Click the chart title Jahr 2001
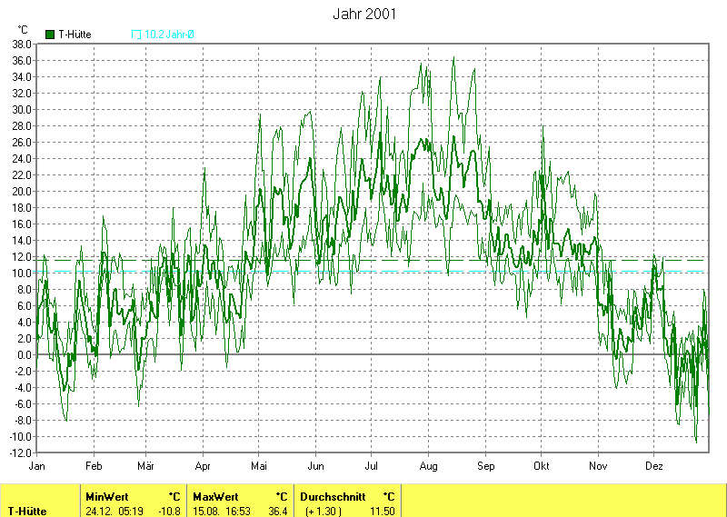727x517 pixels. point(363,15)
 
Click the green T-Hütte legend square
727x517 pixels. point(49,35)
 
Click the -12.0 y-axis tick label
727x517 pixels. point(21,452)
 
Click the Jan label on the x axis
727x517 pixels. point(37,465)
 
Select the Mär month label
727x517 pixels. point(145,465)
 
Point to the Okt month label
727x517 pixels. point(542,465)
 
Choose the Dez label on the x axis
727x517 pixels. point(654,465)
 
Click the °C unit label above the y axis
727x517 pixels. point(23,30)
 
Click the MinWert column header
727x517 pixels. point(105,497)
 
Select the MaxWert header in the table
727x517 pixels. point(214,497)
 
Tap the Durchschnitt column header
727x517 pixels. point(333,497)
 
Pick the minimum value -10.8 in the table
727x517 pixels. point(170,511)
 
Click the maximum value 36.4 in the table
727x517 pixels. point(278,511)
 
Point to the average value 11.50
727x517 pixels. point(382,511)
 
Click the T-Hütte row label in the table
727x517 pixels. point(27,511)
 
